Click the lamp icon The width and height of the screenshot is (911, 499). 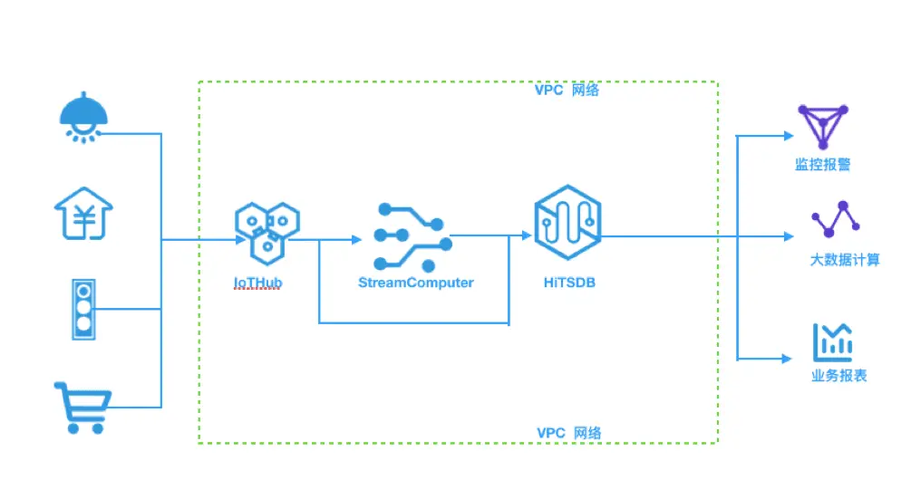(83, 117)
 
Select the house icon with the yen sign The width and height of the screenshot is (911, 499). (83, 213)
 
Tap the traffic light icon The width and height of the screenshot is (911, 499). (83, 309)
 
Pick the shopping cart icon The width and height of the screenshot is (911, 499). (82, 408)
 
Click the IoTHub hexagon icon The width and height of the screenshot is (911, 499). (267, 233)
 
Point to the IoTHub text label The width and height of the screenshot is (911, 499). (258, 283)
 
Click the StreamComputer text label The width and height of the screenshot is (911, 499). (416, 283)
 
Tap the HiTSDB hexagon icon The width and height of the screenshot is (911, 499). (567, 222)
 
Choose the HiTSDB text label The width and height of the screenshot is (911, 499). (569, 283)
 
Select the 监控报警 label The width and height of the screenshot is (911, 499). (823, 165)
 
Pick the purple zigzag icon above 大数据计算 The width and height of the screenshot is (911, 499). (836, 219)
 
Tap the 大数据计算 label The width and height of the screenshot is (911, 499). (845, 260)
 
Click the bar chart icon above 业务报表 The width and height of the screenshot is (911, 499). (832, 342)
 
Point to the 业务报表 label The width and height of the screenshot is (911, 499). (839, 376)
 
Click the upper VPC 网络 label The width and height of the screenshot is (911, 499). (567, 90)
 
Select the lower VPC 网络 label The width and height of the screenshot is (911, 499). (568, 433)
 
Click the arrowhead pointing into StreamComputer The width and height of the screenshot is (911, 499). (357, 240)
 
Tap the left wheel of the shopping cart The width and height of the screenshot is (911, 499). (73, 428)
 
